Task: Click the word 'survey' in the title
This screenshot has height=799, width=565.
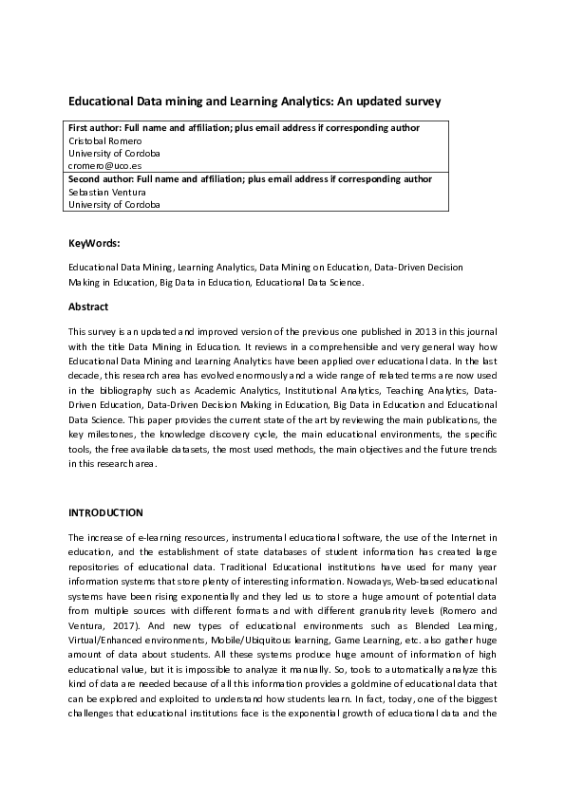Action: pos(423,99)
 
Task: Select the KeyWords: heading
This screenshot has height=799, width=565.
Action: pos(94,243)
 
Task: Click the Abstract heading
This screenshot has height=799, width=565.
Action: pos(88,307)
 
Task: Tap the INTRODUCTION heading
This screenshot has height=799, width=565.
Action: pos(105,512)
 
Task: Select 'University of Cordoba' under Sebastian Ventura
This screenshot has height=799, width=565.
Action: pos(114,203)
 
